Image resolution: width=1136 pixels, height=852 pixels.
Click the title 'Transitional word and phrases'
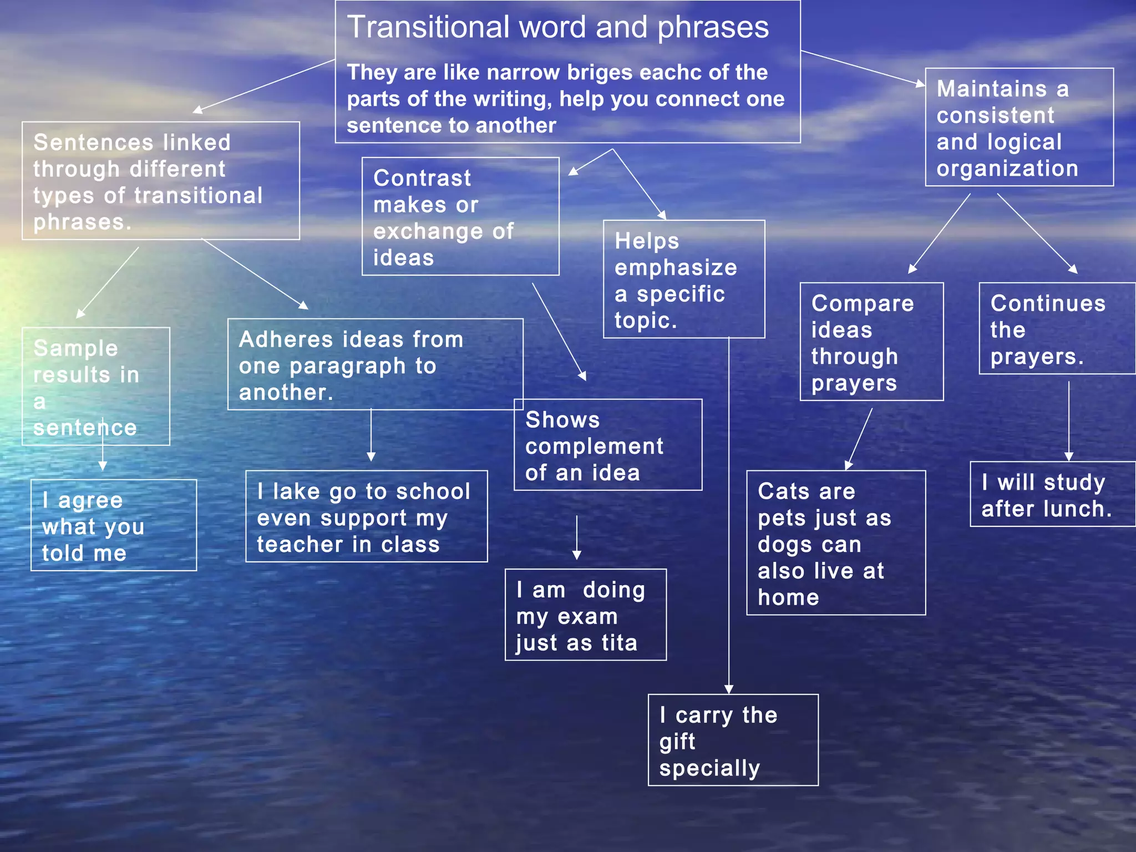coord(557,27)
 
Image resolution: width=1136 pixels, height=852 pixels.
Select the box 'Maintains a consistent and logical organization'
coord(1019,128)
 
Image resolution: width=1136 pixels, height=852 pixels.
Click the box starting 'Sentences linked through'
coord(160,181)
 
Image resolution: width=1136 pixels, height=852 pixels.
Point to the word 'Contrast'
coord(422,179)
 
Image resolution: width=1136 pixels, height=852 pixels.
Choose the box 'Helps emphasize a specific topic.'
coord(683,280)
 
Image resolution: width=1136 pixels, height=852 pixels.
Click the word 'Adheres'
coord(288,339)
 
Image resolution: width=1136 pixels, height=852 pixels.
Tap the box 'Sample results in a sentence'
coord(95,387)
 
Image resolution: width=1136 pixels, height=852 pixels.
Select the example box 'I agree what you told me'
coord(113,526)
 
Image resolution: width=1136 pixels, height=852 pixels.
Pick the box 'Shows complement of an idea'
coord(607,445)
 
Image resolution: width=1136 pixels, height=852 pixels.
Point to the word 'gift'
coord(677,742)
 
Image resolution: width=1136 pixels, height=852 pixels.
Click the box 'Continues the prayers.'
coord(1056,329)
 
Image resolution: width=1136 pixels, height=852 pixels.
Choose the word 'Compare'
coord(863,304)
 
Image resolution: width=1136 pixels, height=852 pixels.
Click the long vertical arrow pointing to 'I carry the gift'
coord(729,516)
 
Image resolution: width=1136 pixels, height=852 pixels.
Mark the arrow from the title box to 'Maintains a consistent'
coord(863,68)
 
